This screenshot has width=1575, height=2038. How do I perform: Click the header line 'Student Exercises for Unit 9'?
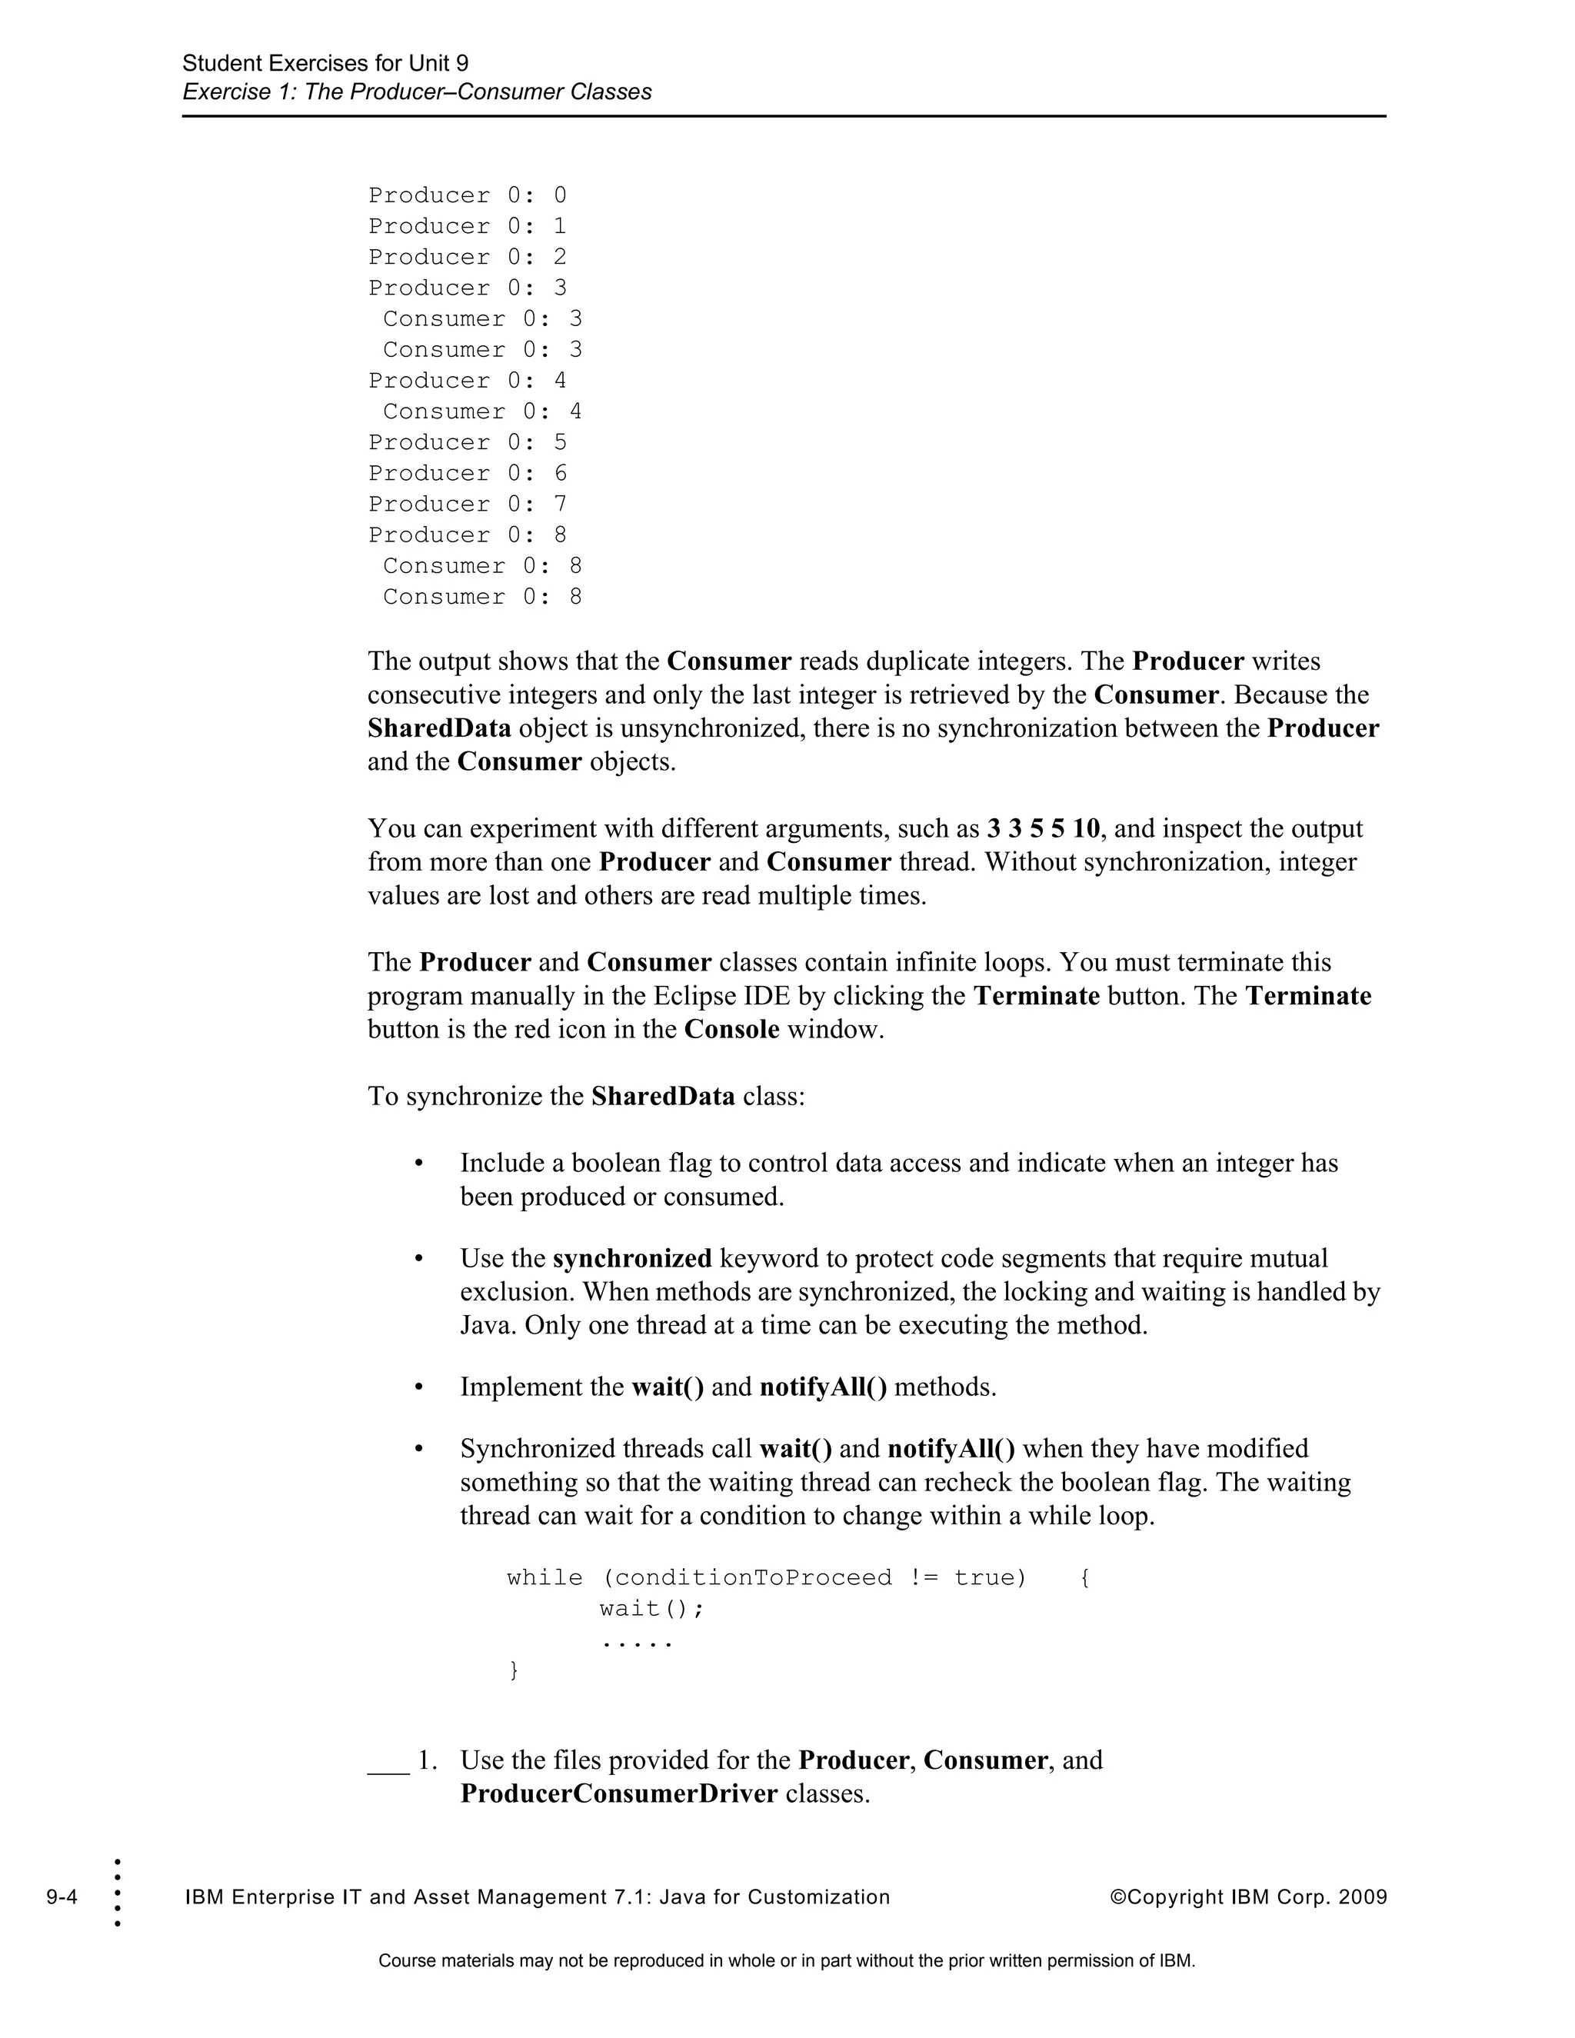tap(325, 64)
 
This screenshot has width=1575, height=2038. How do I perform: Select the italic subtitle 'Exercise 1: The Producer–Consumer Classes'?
tap(416, 92)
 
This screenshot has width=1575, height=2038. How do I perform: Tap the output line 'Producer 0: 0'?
tap(467, 195)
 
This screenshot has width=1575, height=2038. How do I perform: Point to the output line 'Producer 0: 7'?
tap(467, 504)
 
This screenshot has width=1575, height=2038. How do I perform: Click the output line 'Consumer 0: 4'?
tap(481, 411)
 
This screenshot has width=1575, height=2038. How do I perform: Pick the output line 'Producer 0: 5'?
tap(467, 442)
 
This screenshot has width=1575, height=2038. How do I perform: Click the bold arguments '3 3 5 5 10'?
tap(1043, 828)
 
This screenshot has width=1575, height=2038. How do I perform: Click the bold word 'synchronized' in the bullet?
tap(631, 1258)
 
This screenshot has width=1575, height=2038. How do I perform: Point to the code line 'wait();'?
tap(651, 1608)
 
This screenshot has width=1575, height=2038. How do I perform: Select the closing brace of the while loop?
tap(513, 1670)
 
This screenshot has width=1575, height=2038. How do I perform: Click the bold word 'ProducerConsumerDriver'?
tap(618, 1793)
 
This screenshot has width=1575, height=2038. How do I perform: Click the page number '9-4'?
tap(62, 1896)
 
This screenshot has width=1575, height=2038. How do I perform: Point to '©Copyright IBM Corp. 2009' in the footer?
tap(1247, 1896)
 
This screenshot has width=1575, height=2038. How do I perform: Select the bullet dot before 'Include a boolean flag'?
tap(419, 1164)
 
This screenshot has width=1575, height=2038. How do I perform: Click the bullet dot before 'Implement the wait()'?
tap(419, 1387)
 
